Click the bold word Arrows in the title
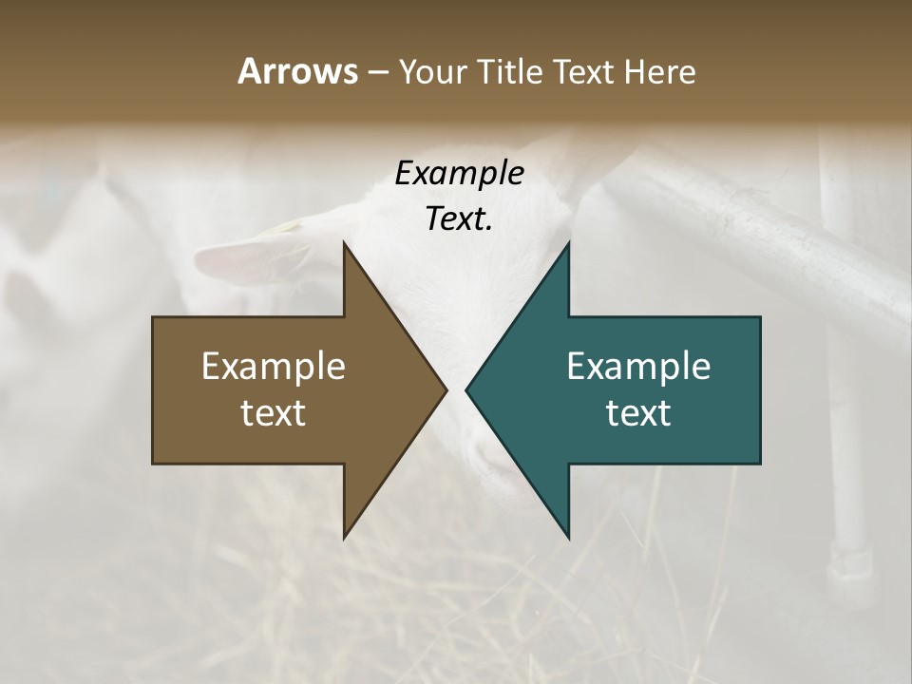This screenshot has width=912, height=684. [x=296, y=71]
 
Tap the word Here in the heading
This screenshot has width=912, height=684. [x=660, y=71]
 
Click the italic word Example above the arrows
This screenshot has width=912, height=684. [x=459, y=174]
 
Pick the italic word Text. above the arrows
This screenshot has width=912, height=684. [x=459, y=218]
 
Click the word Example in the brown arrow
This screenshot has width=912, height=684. [x=274, y=366]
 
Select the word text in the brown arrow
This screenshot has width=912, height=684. [x=274, y=412]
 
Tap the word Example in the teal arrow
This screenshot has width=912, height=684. [x=638, y=366]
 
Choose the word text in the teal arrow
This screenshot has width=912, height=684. [x=638, y=412]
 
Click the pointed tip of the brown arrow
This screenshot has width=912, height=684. [x=444, y=389]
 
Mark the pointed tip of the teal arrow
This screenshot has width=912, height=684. [x=469, y=389]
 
